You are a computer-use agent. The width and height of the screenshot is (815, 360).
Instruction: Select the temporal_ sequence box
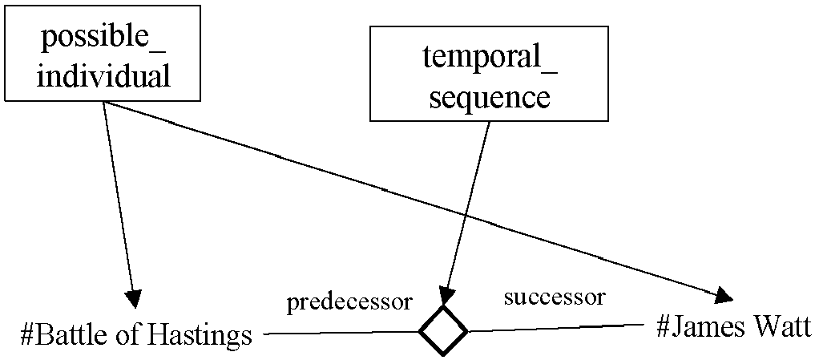click(x=489, y=74)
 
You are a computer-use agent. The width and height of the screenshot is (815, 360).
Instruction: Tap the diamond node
click(x=443, y=331)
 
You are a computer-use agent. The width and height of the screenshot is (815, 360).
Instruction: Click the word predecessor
click(x=349, y=303)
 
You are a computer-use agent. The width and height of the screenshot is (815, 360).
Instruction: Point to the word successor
click(x=555, y=297)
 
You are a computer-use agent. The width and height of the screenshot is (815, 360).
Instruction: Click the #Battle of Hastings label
click(x=135, y=336)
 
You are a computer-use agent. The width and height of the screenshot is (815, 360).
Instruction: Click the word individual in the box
click(x=104, y=77)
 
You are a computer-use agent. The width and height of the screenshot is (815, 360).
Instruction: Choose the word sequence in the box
click(x=490, y=98)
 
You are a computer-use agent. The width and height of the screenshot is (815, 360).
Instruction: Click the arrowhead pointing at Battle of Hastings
click(x=133, y=298)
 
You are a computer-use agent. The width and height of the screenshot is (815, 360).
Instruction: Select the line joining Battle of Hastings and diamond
click(x=342, y=333)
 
